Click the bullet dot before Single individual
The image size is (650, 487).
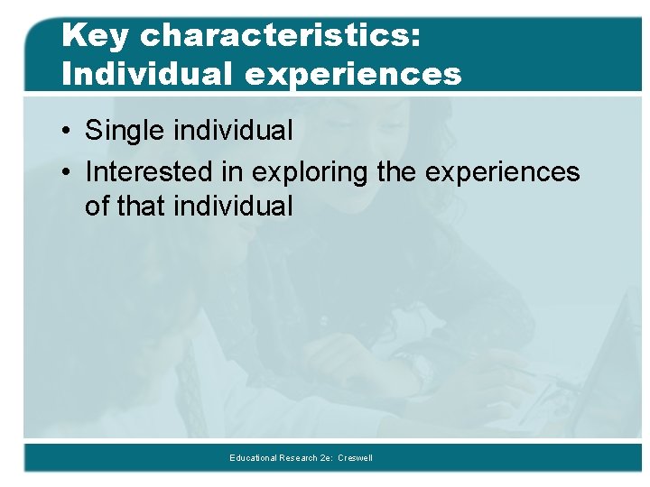point(68,132)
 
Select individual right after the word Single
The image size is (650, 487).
point(234,131)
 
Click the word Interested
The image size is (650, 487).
point(149,171)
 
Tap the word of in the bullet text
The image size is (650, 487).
point(97,207)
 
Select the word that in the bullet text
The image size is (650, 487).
point(143,207)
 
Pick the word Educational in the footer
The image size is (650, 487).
point(254,458)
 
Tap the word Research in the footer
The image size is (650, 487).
point(298,458)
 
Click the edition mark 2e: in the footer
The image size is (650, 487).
point(326,458)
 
